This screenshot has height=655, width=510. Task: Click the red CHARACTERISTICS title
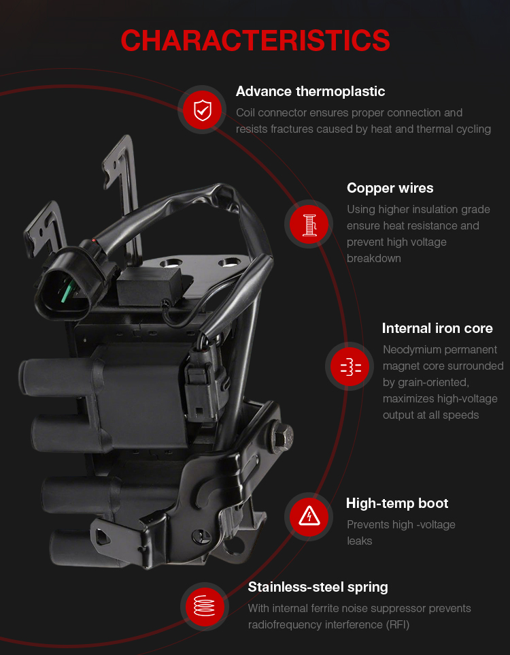click(255, 41)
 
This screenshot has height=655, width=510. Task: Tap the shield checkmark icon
click(203, 110)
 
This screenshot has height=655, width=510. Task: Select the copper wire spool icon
click(309, 224)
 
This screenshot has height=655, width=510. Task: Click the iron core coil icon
click(351, 366)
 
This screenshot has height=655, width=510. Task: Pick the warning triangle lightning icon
click(309, 516)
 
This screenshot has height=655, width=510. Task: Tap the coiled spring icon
click(204, 606)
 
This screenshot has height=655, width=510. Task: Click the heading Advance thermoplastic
click(310, 91)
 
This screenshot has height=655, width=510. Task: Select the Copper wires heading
click(390, 188)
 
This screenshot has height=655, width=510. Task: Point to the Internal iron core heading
click(437, 328)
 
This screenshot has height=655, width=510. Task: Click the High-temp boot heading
click(397, 503)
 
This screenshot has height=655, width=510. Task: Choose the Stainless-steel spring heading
click(318, 587)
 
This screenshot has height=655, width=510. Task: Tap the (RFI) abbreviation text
click(397, 624)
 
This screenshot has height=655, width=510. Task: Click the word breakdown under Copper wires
click(373, 259)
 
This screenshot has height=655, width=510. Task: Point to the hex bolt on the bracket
click(282, 437)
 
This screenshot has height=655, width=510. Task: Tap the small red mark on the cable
click(95, 240)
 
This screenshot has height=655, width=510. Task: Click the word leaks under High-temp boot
click(359, 541)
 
